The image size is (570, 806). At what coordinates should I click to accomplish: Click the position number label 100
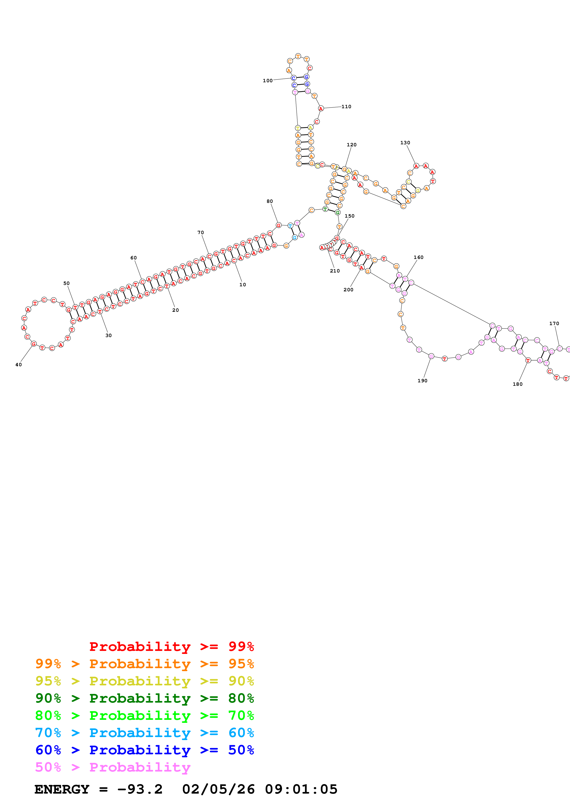pos(268,81)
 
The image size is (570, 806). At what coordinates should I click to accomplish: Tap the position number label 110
pos(346,107)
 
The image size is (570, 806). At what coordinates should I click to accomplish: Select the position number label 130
pos(405,143)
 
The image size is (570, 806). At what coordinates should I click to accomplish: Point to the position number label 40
pos(19,365)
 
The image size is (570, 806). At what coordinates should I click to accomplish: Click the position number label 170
pos(554,324)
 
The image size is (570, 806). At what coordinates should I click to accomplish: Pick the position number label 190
pos(422,381)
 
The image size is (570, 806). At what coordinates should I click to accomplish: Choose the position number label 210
pos(335,271)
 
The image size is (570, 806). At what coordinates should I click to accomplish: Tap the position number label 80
pos(269,201)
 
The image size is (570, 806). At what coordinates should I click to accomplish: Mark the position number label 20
pos(175,310)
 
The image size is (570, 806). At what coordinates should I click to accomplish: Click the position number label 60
pos(133,258)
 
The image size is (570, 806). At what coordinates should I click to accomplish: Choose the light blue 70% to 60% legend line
pos(144,733)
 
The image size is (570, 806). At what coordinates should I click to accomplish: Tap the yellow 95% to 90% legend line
pos(144,681)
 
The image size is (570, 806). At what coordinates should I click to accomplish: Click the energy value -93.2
pos(140,789)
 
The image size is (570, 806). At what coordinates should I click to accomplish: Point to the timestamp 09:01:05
pos(301,789)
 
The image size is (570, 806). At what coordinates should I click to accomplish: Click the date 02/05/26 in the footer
pos(218,789)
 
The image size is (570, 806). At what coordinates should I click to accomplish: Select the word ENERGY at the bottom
pos(62,789)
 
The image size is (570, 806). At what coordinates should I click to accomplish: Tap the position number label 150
pos(349,216)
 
